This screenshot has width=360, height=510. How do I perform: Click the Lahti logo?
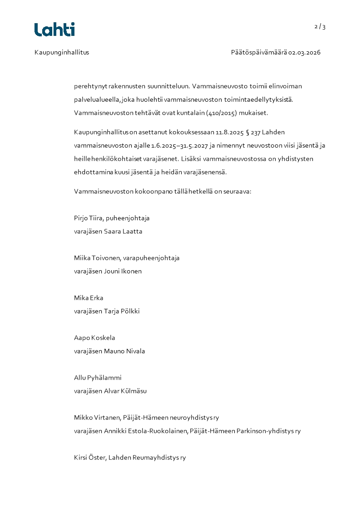[x=54, y=30]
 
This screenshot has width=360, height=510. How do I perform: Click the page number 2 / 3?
[x=320, y=27]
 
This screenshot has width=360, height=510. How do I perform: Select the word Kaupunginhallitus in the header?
[x=62, y=52]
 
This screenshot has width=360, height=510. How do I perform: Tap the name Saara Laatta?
[x=123, y=231]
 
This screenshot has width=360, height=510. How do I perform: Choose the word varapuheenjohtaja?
[x=151, y=258]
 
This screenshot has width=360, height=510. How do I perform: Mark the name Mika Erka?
[x=89, y=298]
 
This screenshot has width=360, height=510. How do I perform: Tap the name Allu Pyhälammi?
[x=98, y=378]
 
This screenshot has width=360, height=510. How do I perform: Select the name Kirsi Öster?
[x=90, y=458]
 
